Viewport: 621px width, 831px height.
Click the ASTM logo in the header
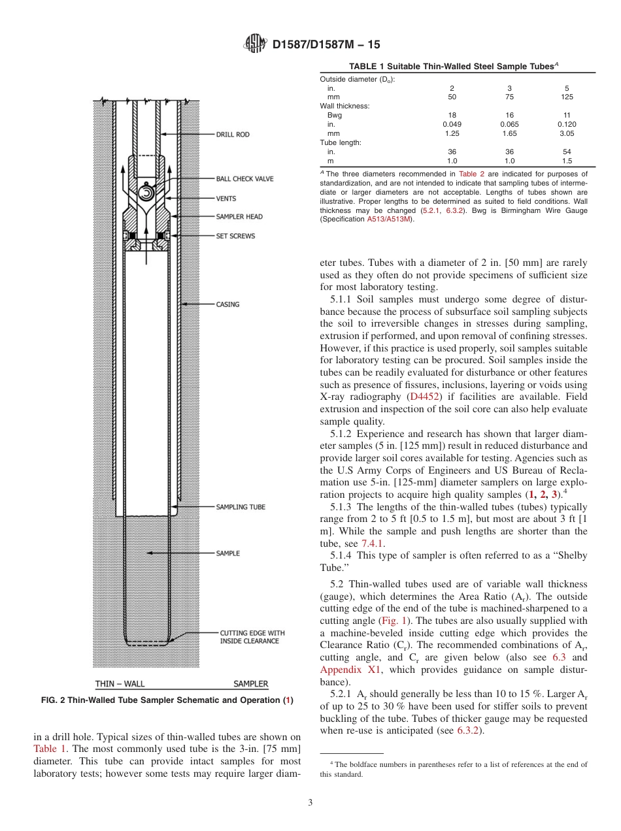pyautogui.click(x=255, y=44)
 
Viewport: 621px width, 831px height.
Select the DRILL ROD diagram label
pyautogui.click(x=233, y=135)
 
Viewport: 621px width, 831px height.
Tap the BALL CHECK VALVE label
pyautogui.click(x=245, y=178)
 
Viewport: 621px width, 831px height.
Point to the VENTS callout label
pyautogui.click(x=226, y=199)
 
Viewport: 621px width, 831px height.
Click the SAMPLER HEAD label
pyautogui.click(x=239, y=217)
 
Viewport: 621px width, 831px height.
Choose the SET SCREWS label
pyautogui.click(x=236, y=236)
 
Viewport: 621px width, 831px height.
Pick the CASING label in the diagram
pyautogui.click(x=228, y=304)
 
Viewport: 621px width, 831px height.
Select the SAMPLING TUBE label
pyautogui.click(x=241, y=507)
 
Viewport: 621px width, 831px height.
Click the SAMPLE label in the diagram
pyautogui.click(x=228, y=553)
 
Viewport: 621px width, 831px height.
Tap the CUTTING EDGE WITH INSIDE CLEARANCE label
pyautogui.click(x=252, y=637)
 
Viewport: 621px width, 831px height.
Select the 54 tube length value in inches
pyautogui.click(x=567, y=152)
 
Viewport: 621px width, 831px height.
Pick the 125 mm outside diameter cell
pyautogui.click(x=567, y=97)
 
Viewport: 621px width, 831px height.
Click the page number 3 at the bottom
pyautogui.click(x=310, y=802)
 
